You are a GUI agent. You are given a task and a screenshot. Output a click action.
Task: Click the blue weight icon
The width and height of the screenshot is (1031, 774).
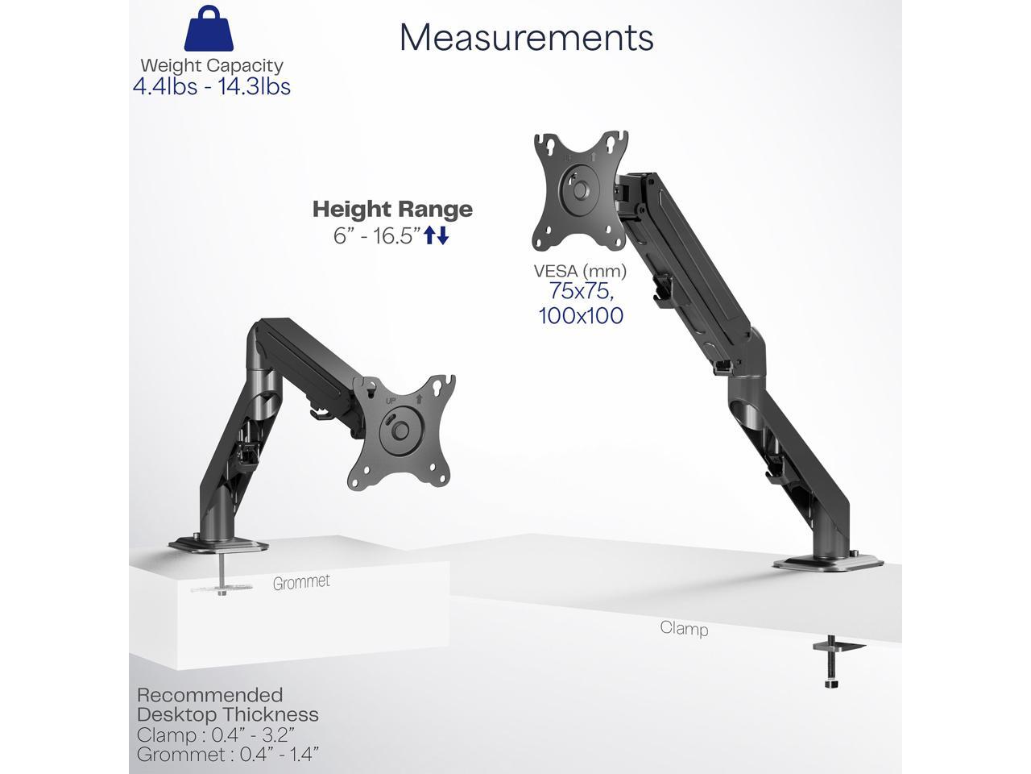pyautogui.click(x=209, y=28)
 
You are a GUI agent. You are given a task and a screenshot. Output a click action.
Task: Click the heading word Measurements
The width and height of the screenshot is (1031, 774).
pyautogui.click(x=526, y=37)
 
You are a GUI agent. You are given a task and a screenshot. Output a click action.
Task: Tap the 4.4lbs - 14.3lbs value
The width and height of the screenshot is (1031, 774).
pyautogui.click(x=211, y=86)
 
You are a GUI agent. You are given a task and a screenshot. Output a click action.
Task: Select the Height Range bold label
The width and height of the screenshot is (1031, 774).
pyautogui.click(x=393, y=209)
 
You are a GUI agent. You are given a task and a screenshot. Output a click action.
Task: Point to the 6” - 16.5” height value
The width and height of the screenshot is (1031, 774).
pyautogui.click(x=377, y=235)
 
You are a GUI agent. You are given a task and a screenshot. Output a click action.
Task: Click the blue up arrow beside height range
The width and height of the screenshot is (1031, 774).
pyautogui.click(x=430, y=235)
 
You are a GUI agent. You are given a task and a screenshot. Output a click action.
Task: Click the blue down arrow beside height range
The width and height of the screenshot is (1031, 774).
pyautogui.click(x=442, y=235)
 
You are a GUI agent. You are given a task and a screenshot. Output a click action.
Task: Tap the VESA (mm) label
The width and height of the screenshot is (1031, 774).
pyautogui.click(x=580, y=271)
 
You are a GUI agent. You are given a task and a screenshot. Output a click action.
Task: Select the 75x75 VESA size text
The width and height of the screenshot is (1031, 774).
pyautogui.click(x=582, y=291)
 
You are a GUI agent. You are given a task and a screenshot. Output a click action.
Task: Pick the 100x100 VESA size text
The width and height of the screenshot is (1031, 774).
pyautogui.click(x=581, y=315)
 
